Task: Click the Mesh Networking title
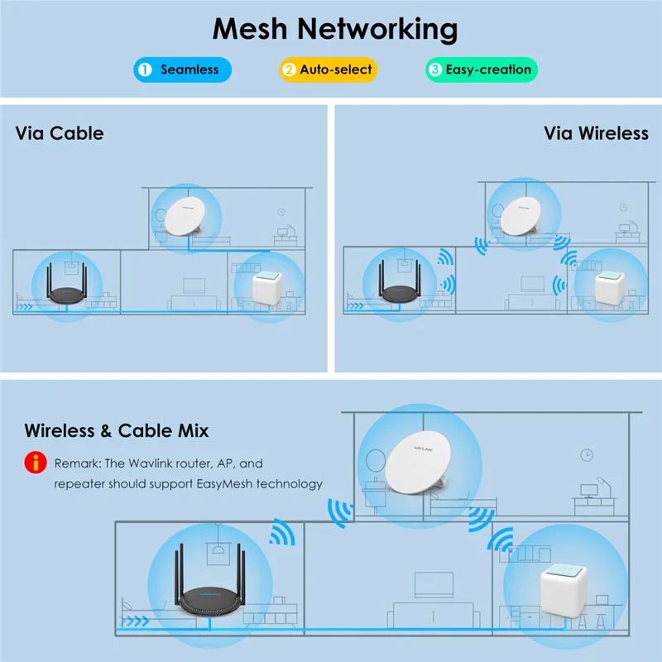(335, 29)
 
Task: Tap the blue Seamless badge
(182, 70)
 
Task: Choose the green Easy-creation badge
(482, 70)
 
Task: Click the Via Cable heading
(60, 132)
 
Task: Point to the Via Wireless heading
(596, 132)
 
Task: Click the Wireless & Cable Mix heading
(117, 430)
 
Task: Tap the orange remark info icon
(35, 464)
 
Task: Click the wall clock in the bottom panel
(587, 454)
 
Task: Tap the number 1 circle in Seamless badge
(145, 70)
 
